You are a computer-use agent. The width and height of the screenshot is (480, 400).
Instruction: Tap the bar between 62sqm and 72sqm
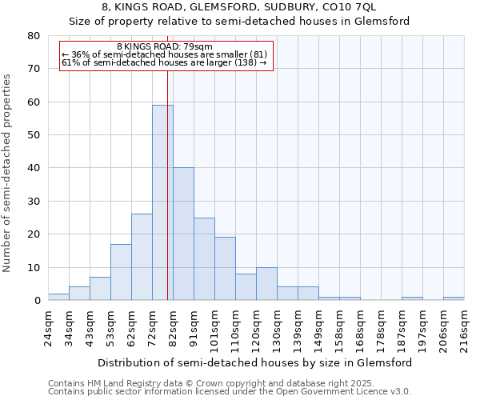[142, 257]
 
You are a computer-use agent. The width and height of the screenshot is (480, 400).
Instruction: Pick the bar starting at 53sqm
[121, 272]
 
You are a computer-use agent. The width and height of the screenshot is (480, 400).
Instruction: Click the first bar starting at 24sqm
[58, 297]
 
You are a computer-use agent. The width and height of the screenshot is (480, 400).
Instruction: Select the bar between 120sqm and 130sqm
[266, 284]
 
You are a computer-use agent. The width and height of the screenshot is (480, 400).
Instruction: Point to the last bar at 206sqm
[454, 298]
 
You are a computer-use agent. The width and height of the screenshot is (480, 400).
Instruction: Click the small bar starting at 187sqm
[412, 298]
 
